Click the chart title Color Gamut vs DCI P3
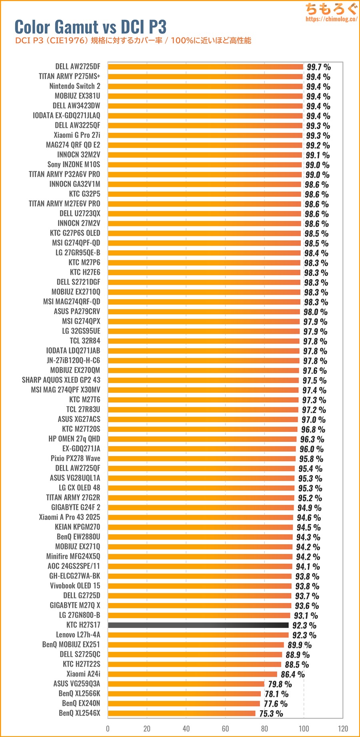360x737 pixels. [x=90, y=27]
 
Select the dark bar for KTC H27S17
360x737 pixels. [x=198, y=625]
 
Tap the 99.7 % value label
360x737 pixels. [x=318, y=67]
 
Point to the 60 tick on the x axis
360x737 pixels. [x=225, y=729]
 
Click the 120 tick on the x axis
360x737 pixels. [x=343, y=729]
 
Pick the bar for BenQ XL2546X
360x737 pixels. [x=182, y=713]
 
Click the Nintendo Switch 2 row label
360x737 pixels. [x=75, y=86]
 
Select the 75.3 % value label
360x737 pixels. [x=271, y=713]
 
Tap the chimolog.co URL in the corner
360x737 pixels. [x=331, y=19]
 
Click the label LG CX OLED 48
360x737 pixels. [x=80, y=487]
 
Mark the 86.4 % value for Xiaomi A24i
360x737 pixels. [x=292, y=674]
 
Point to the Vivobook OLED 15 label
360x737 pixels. [x=75, y=585]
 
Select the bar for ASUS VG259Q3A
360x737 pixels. [x=186, y=684]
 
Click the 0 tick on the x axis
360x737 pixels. [x=108, y=729]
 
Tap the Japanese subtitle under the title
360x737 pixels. [x=133, y=40]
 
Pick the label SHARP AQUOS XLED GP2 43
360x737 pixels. [x=61, y=380]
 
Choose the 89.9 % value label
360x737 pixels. [x=299, y=645]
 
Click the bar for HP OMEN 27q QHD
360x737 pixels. [x=202, y=439]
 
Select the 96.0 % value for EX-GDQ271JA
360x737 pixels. [x=311, y=449]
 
